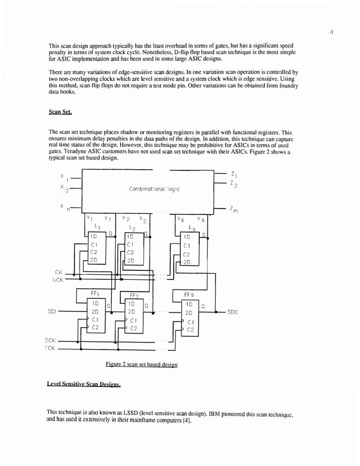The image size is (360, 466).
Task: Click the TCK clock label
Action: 51,349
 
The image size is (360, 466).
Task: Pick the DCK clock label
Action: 51,341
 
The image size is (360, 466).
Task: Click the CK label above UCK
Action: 58,271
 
